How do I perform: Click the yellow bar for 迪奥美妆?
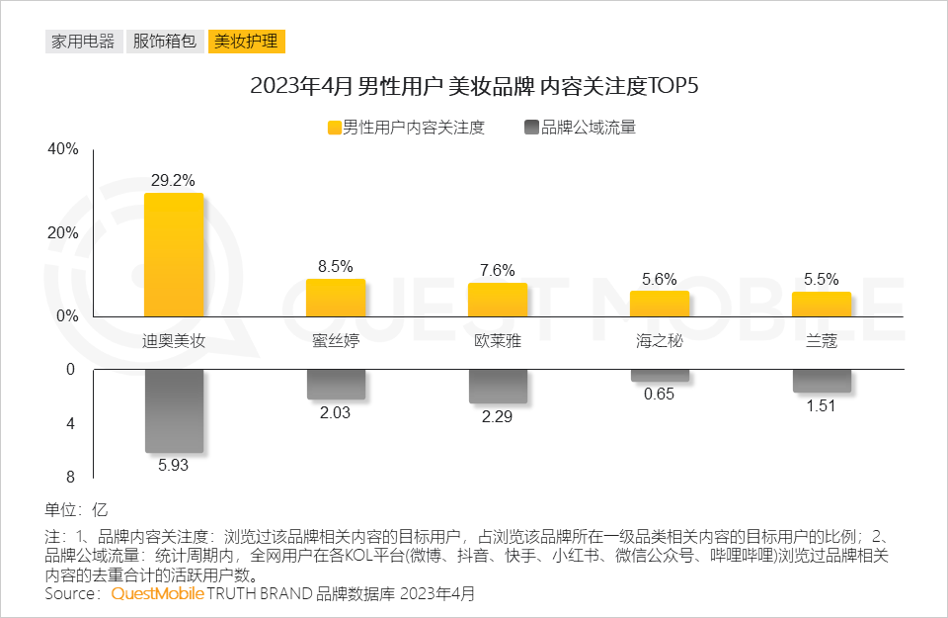(x=174, y=254)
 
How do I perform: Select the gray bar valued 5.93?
(x=174, y=410)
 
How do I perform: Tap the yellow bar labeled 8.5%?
(x=335, y=297)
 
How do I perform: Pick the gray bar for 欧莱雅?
(x=497, y=386)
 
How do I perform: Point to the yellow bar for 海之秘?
(x=659, y=304)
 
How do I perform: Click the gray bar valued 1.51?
(x=821, y=381)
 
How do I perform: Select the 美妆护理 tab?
(x=246, y=42)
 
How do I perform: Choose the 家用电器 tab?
(x=83, y=42)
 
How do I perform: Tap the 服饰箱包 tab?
(x=165, y=42)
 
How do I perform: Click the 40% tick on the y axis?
(x=62, y=149)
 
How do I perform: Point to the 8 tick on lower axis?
(x=69, y=478)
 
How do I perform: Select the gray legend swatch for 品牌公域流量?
(x=532, y=128)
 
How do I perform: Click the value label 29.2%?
(x=173, y=181)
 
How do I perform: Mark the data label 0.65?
(x=659, y=395)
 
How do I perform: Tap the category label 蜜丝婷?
(x=335, y=342)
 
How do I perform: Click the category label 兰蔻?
(x=821, y=342)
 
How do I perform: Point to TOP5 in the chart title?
(x=672, y=86)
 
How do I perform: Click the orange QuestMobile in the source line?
(x=157, y=594)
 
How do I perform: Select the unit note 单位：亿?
(x=75, y=510)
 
